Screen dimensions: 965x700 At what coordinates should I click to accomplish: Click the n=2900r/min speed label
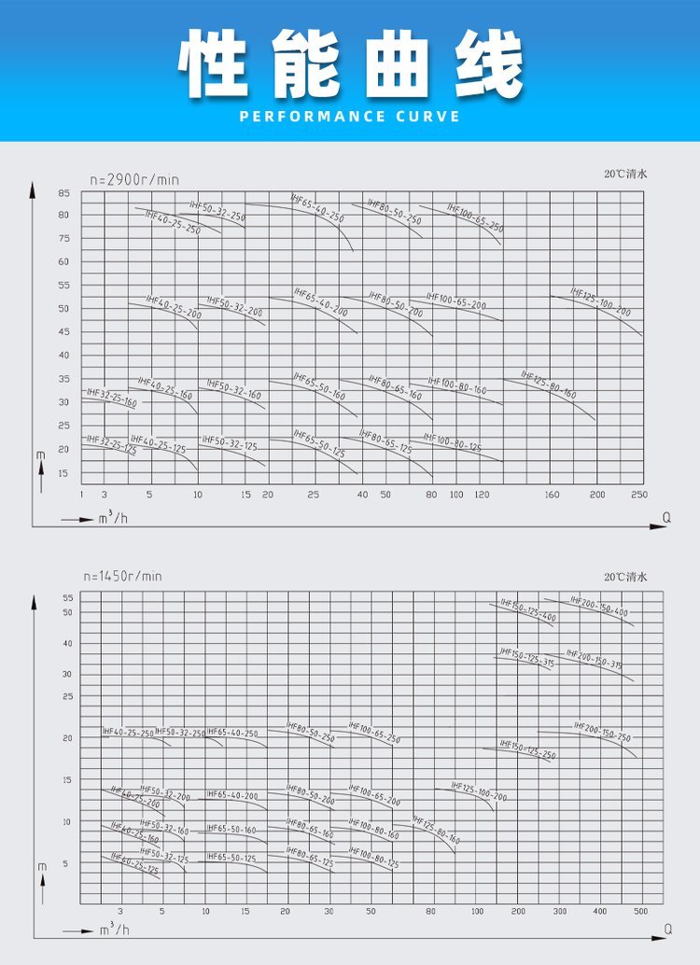point(133,178)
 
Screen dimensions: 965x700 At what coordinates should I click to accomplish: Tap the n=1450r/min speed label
point(122,577)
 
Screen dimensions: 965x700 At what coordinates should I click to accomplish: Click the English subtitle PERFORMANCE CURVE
point(350,117)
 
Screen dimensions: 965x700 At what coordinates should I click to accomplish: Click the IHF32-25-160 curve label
point(111,399)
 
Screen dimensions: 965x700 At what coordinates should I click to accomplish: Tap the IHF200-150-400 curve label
point(599,607)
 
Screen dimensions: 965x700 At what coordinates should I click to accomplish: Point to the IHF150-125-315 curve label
point(526,657)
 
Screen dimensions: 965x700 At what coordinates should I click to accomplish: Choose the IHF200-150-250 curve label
point(602,732)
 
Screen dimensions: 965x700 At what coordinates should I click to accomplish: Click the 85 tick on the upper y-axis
point(63,193)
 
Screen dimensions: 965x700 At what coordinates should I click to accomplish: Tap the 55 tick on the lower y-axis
point(67,597)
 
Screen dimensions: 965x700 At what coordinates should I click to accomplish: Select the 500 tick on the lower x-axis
point(640,911)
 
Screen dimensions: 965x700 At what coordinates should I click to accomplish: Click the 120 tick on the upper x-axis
point(482,494)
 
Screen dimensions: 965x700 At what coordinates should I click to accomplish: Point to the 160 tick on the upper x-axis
point(553,494)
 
